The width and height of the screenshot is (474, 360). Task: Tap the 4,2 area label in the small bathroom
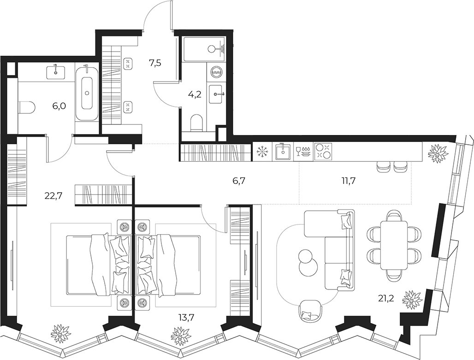tap(195, 94)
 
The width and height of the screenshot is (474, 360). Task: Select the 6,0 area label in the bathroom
tap(59, 106)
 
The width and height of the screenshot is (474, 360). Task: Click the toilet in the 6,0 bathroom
tap(27, 107)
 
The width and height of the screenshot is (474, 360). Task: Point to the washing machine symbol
tap(216, 73)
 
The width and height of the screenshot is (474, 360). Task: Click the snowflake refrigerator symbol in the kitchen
tap(262, 152)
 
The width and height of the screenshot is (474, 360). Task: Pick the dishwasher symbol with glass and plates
tap(303, 152)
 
